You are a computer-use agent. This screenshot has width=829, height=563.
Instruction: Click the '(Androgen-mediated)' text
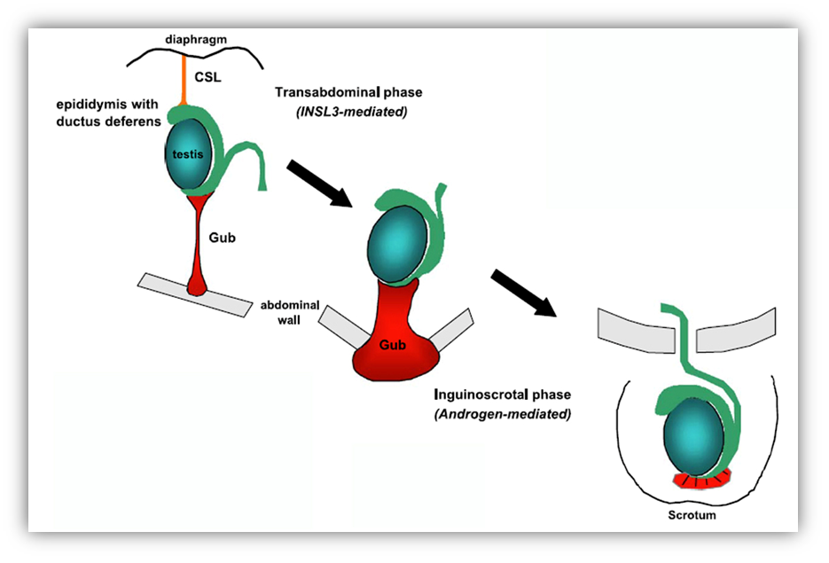coord(502,413)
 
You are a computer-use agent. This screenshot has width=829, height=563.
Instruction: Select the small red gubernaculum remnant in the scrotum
coord(700,481)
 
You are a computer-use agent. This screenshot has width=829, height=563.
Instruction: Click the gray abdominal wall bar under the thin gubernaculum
coord(194,293)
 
